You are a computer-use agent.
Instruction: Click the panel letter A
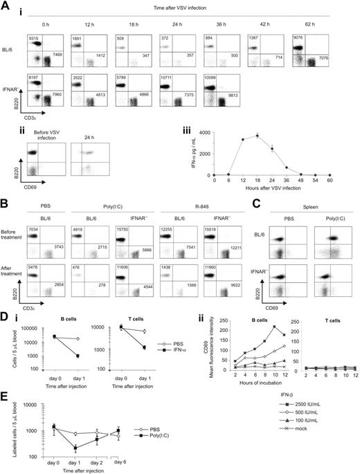coord(6,6)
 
